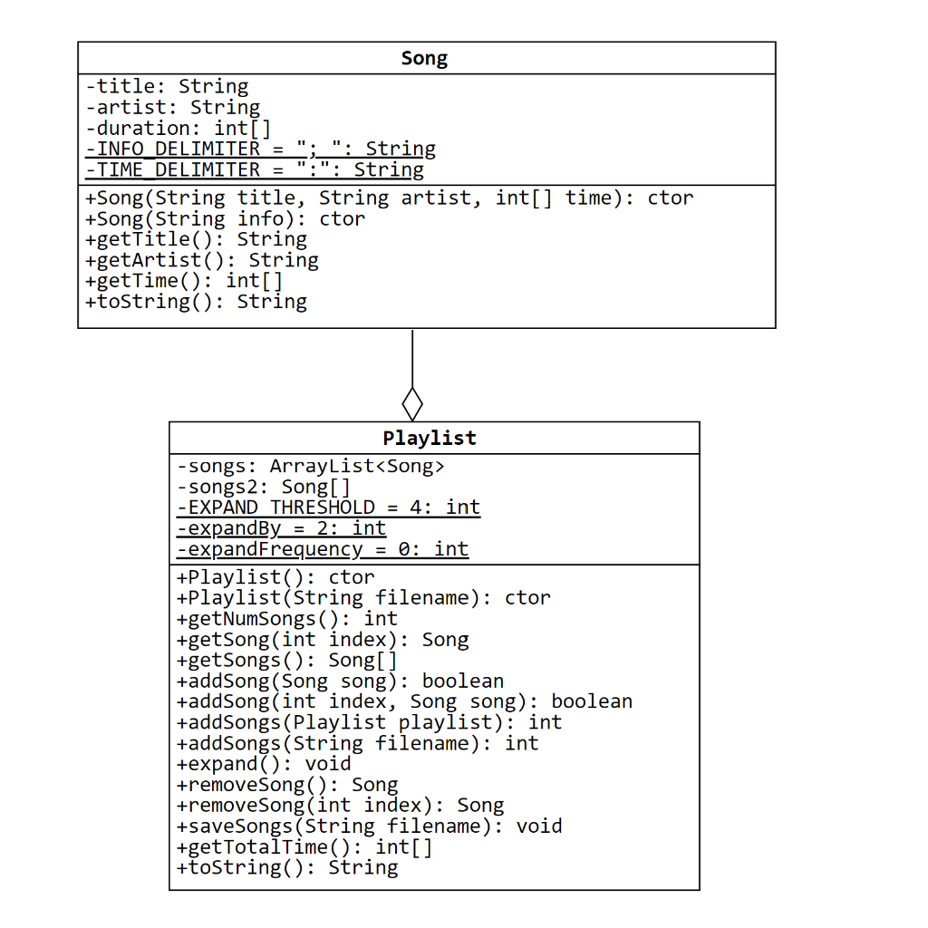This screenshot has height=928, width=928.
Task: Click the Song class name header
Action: (424, 59)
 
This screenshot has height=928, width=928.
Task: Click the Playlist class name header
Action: (430, 439)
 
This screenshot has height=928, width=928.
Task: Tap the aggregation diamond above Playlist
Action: (412, 402)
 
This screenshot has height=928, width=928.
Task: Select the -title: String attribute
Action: (167, 87)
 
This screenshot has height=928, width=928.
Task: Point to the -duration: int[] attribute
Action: (179, 129)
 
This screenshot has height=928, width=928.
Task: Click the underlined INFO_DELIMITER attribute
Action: (260, 150)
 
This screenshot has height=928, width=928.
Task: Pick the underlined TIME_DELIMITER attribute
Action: (255, 170)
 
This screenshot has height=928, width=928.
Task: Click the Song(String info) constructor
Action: (225, 219)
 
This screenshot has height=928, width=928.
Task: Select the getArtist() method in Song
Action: (201, 261)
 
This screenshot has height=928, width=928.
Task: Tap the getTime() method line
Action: (184, 281)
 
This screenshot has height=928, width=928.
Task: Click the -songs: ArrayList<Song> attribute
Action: (311, 467)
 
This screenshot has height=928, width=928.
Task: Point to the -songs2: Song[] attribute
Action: (264, 488)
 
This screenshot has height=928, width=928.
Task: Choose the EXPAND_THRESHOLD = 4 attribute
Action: (328, 507)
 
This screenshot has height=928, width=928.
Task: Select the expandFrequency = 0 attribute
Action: (323, 549)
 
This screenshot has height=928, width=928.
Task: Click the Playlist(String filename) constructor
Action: (363, 598)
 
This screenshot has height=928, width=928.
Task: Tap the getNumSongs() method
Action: (287, 619)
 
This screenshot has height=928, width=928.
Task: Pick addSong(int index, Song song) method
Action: (404, 701)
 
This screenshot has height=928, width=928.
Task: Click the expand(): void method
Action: (264, 764)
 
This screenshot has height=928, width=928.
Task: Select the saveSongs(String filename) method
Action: (370, 826)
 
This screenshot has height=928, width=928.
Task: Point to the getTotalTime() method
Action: (304, 847)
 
